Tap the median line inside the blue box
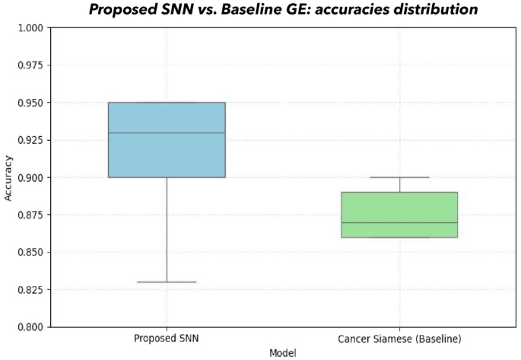pos(167,133)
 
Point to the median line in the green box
pos(399,223)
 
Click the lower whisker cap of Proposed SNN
pos(167,282)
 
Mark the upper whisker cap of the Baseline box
pos(399,177)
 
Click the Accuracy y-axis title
pos(8,177)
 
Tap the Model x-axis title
pos(283,353)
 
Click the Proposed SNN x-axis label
pos(167,338)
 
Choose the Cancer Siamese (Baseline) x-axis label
pos(399,338)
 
